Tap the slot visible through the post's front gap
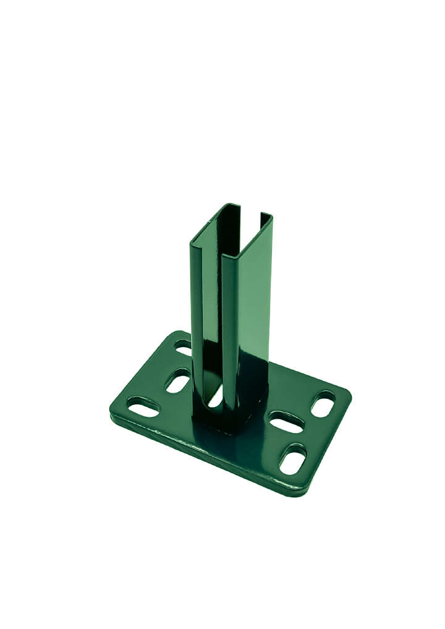click(216, 396)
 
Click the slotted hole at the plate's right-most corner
click(323, 404)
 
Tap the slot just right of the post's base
click(287, 422)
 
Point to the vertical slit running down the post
click(220, 309)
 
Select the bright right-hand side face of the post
click(253, 297)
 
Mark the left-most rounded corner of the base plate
click(113, 410)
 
